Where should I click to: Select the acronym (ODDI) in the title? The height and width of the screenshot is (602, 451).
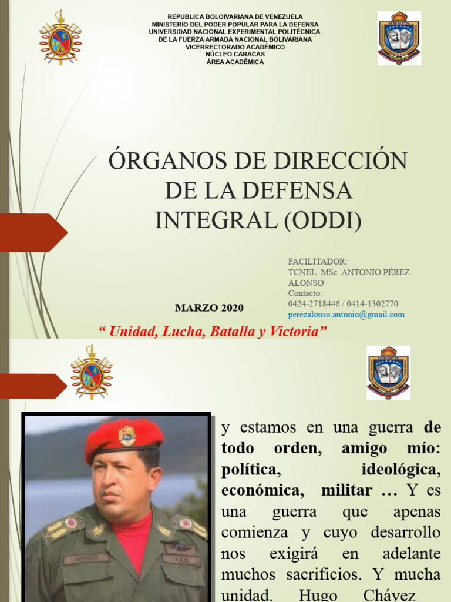(x=324, y=220)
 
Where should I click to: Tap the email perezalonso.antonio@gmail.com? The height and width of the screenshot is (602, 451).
(x=346, y=315)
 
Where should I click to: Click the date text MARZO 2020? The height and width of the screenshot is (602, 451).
(x=210, y=308)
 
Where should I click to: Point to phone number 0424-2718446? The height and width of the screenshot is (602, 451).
(x=311, y=304)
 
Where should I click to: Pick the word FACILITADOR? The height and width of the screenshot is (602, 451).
(x=317, y=262)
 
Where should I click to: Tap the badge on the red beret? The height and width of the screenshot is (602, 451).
(x=127, y=436)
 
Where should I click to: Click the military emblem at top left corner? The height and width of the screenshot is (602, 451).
(x=60, y=37)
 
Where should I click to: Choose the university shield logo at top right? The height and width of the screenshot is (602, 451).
(x=399, y=38)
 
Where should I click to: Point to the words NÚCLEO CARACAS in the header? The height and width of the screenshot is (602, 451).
(x=235, y=55)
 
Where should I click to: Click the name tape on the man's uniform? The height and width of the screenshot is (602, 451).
(x=85, y=559)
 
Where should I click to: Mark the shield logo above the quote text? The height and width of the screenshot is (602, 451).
(x=388, y=373)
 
